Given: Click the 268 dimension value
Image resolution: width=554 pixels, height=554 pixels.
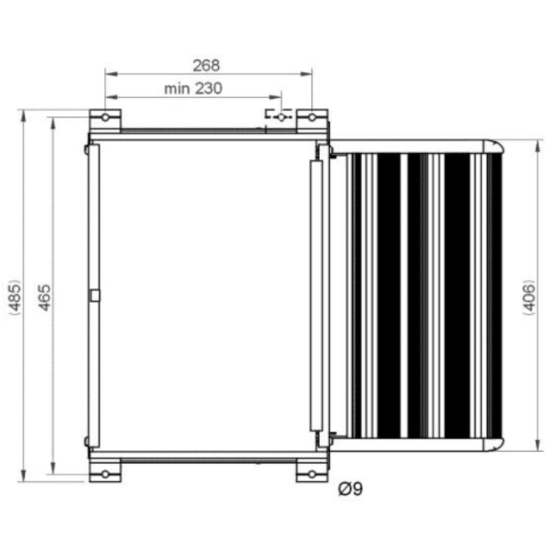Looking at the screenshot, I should [x=206, y=66].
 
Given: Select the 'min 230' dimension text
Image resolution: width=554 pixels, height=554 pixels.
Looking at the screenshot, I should [x=193, y=89].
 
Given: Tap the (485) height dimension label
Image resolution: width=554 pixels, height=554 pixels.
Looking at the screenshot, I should [x=15, y=296].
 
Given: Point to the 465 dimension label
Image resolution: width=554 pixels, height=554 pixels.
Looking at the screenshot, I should [x=44, y=296].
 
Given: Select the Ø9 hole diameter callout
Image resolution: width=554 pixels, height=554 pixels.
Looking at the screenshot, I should [x=350, y=489].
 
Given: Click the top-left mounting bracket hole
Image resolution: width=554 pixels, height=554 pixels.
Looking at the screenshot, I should [x=105, y=118].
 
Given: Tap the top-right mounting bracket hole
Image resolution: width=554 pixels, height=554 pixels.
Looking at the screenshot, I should [x=312, y=118].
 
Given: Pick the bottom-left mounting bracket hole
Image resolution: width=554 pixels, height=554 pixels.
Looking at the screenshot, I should [x=105, y=474].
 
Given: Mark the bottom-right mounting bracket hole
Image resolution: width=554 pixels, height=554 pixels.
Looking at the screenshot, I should [x=312, y=474].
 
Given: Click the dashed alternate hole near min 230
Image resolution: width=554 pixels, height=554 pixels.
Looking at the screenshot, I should [x=280, y=118].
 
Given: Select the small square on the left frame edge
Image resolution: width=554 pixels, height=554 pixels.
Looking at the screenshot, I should [x=95, y=296].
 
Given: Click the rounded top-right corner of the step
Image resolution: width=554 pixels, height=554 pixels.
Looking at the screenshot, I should [x=494, y=146].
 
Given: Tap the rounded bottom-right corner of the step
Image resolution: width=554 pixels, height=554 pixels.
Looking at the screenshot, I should [x=494, y=445].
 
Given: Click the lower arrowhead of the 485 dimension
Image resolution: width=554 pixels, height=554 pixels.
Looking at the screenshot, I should [x=25, y=477].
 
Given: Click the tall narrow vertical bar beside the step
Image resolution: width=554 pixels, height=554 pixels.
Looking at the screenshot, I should [x=316, y=296].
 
